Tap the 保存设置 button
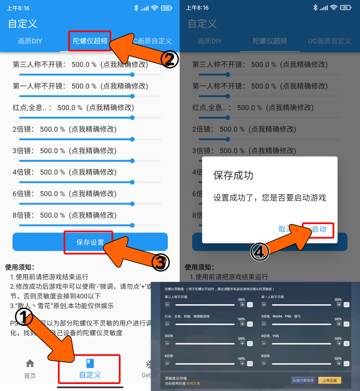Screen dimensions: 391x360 (x=90, y=242)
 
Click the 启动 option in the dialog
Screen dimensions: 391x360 (x=319, y=229)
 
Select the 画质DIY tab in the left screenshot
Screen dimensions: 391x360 (x=30, y=41)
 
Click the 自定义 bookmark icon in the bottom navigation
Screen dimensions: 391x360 (x=90, y=363)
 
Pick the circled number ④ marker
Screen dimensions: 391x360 (x=260, y=252)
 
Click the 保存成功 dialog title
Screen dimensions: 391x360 (x=233, y=175)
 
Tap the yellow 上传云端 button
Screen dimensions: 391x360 (x=330, y=380)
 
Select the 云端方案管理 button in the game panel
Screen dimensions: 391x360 (x=303, y=380)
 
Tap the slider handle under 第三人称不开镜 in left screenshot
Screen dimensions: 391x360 (x=132, y=75)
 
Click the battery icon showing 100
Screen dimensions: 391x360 (x=166, y=8)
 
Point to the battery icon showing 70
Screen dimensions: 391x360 (x=346, y=8)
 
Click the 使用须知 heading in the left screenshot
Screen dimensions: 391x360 (x=20, y=267)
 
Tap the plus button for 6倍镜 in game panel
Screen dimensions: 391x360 (x=242, y=364)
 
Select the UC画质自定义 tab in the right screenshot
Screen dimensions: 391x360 (x=330, y=41)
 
